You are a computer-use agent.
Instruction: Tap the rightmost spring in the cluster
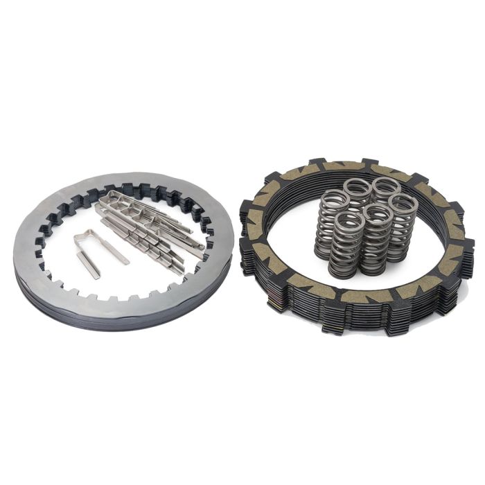click(x=401, y=225)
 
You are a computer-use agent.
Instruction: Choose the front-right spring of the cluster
click(x=374, y=239)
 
